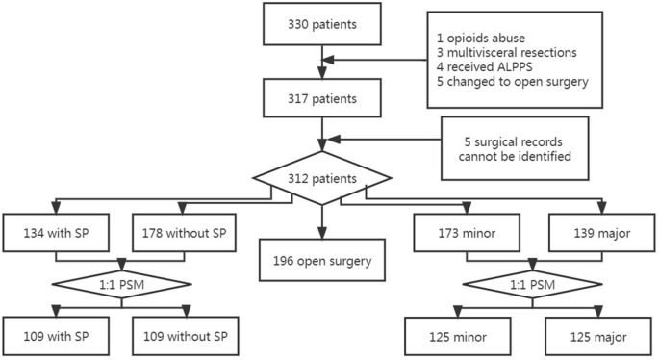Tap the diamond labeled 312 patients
(321, 179)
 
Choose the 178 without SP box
(181, 231)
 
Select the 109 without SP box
(181, 337)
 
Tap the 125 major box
(591, 337)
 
